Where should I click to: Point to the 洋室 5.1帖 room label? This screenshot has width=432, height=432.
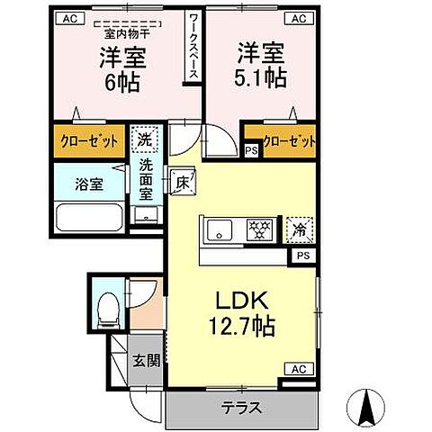tap(262, 65)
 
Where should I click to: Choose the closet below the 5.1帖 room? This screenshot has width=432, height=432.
tap(290, 143)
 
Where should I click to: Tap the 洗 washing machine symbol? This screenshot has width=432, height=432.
tap(143, 139)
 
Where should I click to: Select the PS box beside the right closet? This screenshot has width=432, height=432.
tap(251, 150)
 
